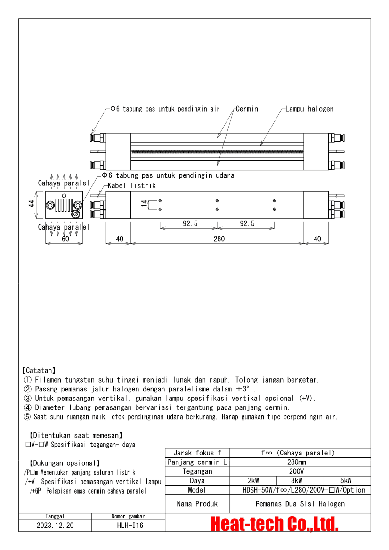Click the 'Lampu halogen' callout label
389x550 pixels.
[x=309, y=109]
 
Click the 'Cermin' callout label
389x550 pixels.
[x=247, y=109]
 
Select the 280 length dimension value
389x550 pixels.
[x=219, y=239]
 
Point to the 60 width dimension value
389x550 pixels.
[x=65, y=239]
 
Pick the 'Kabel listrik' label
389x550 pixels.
[x=131, y=186]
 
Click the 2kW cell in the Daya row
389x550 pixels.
[x=253, y=481]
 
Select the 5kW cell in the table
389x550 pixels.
[x=347, y=481]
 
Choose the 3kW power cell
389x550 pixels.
[x=300, y=481]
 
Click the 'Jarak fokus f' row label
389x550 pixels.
[x=197, y=453]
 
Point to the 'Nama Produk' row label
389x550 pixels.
[x=197, y=504]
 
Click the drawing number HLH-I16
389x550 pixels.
[x=128, y=526]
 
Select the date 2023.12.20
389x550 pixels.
[x=55, y=526]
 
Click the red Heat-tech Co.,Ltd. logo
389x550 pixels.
[x=274, y=523]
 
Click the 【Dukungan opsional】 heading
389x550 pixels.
[x=65, y=463]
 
